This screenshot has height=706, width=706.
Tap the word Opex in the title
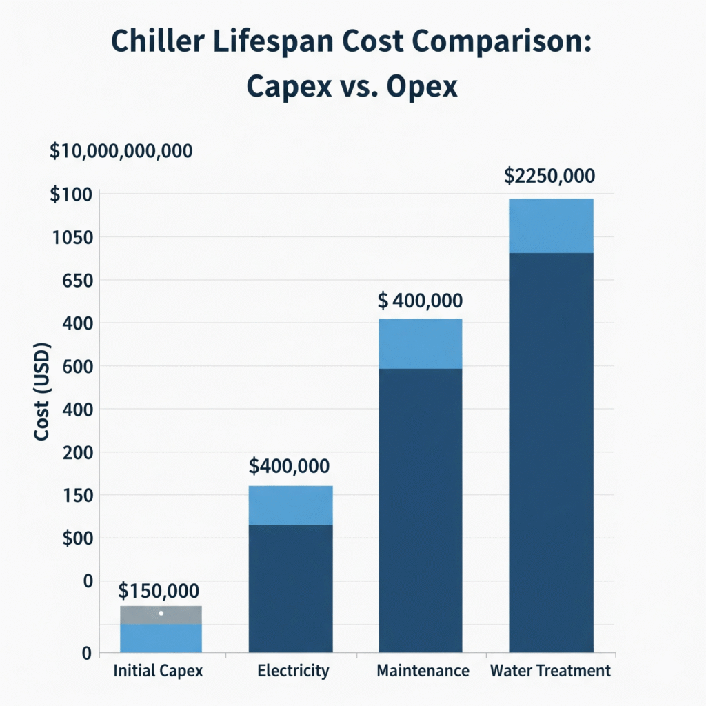pyautogui.click(x=422, y=88)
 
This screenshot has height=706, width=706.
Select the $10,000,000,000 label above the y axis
pyautogui.click(x=121, y=152)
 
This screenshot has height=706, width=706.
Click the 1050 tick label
pyautogui.click(x=72, y=238)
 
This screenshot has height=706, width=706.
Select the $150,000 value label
pyautogui.click(x=159, y=591)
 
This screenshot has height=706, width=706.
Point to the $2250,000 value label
pyautogui.click(x=549, y=176)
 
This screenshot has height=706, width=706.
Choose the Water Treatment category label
pyautogui.click(x=550, y=671)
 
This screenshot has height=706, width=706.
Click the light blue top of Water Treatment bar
pyautogui.click(x=551, y=225)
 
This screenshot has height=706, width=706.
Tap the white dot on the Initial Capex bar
pyautogui.click(x=161, y=613)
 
